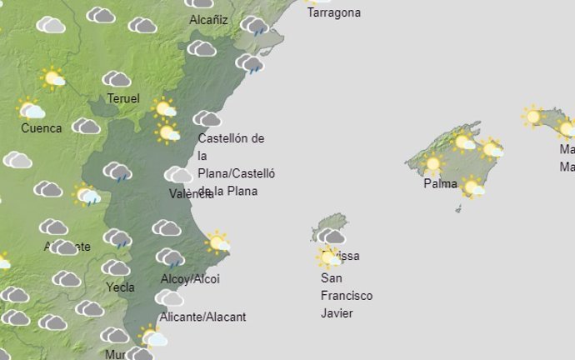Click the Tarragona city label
click(333, 12)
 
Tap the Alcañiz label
click(208, 19)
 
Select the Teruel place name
click(123, 99)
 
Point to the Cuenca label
click(42, 128)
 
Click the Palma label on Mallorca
click(440, 183)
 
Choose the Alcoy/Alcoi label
click(190, 279)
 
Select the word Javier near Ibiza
click(337, 313)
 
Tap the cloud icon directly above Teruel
click(117, 79)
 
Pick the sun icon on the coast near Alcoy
click(217, 242)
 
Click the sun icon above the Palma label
click(432, 163)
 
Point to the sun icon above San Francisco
click(329, 257)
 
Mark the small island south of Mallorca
click(458, 208)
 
